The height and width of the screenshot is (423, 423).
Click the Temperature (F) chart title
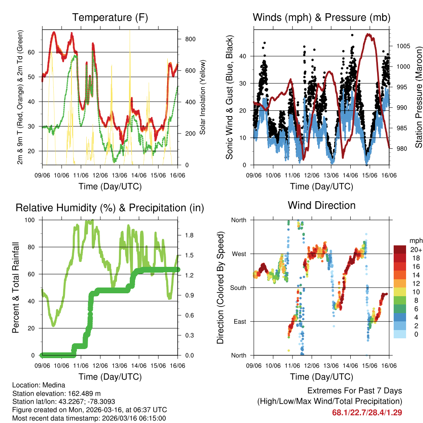(x=110, y=17)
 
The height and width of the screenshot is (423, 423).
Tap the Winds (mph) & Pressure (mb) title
(x=321, y=17)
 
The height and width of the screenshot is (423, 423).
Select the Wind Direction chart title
(x=321, y=205)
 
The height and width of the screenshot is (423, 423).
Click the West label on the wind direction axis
(x=239, y=254)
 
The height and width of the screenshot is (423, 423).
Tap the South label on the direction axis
(x=238, y=288)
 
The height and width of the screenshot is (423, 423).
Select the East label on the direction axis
(x=240, y=321)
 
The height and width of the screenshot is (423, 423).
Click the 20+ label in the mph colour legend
(x=416, y=250)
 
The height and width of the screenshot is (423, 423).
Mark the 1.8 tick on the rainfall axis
(x=190, y=235)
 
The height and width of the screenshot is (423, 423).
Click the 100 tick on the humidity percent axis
(x=31, y=220)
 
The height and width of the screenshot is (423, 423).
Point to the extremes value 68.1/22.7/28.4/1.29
(x=367, y=412)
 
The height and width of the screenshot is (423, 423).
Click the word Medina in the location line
(x=55, y=385)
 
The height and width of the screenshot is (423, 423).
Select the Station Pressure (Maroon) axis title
(x=418, y=97)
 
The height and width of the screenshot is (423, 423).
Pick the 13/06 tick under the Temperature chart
(x=119, y=175)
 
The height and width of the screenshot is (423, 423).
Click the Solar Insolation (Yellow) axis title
(x=203, y=97)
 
